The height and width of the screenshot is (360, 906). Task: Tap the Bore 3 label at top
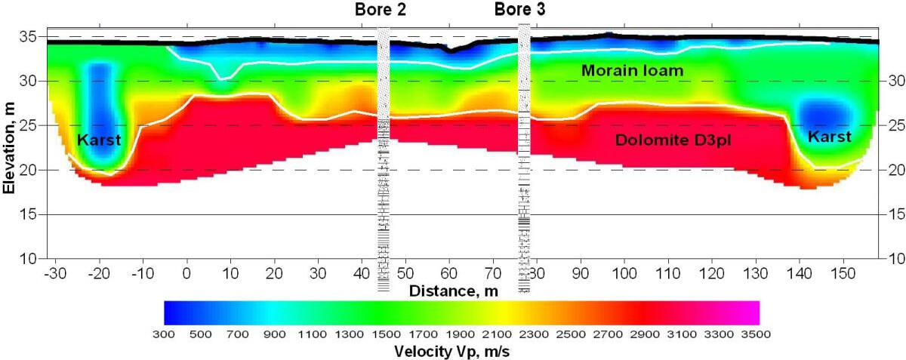519,10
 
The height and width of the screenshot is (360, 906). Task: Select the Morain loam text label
632,71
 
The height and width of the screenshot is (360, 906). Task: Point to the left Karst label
98,139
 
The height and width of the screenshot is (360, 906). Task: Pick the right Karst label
829,137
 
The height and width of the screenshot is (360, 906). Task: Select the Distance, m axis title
451,290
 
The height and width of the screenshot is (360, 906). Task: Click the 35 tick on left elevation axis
33,35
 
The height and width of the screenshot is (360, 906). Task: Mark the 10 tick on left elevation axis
33,259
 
